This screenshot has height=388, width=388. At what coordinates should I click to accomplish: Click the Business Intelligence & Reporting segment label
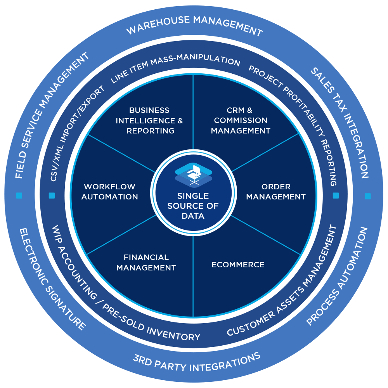[149, 120]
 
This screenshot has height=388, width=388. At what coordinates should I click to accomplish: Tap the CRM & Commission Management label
[241, 120]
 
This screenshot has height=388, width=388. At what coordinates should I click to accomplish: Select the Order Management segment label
[276, 192]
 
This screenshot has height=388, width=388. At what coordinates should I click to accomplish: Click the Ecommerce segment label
[238, 265]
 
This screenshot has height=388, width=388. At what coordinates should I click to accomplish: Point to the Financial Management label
[146, 262]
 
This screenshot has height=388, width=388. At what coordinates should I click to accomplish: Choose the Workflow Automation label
[110, 192]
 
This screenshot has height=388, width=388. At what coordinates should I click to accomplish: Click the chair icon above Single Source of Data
[194, 173]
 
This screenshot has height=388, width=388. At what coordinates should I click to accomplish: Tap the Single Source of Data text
[193, 206]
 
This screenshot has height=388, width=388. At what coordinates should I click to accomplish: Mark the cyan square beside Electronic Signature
[19, 196]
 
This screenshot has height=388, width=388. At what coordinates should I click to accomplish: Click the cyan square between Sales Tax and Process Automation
[367, 196]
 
